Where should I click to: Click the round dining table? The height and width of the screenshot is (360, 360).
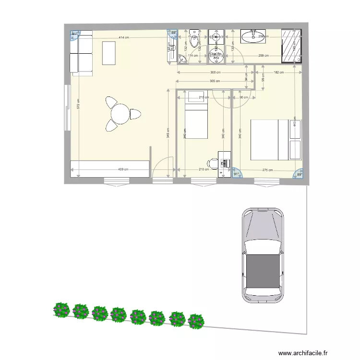(x=120, y=114)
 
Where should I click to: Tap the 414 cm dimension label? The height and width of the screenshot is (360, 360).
(x=124, y=37)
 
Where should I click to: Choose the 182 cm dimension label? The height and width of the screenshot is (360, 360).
(x=278, y=72)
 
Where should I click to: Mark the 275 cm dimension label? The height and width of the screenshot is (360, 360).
(x=267, y=170)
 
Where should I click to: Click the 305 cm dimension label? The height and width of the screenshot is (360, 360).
(x=215, y=81)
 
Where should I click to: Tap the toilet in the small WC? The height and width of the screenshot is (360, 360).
(x=194, y=42)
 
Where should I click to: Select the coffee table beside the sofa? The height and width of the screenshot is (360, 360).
(x=109, y=53)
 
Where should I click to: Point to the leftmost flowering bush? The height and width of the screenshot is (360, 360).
(x=61, y=310)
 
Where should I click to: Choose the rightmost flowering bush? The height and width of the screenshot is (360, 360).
(x=195, y=321)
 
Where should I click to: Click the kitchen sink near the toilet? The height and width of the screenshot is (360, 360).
(x=182, y=59)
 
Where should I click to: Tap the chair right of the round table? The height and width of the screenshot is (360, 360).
(x=135, y=115)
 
